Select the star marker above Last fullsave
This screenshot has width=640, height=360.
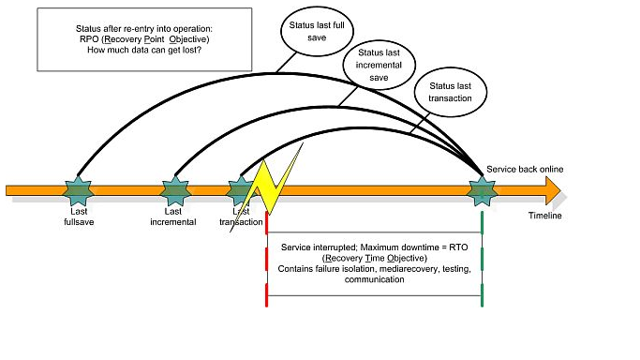point(78,190)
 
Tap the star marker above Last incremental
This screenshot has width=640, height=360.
point(175,190)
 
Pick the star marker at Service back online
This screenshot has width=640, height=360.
point(482,191)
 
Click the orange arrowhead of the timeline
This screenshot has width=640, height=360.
point(553,190)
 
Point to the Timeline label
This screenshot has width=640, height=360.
point(545,216)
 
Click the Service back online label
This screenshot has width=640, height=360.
point(525,169)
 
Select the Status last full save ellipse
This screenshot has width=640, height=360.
point(317,31)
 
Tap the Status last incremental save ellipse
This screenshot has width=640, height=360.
point(380,65)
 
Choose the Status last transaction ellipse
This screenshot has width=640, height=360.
point(451,92)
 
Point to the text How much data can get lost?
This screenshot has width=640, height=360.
point(144,51)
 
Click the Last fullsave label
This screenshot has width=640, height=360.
point(79,217)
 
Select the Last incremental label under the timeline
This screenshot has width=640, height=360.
point(173,217)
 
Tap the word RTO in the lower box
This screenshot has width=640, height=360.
point(458,247)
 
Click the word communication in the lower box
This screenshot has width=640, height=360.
point(374,279)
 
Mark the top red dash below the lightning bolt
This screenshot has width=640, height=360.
point(266,223)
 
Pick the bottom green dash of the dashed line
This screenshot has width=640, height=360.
point(482,295)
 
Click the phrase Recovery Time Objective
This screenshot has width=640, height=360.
point(375,259)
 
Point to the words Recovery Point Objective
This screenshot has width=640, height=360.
point(156,39)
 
